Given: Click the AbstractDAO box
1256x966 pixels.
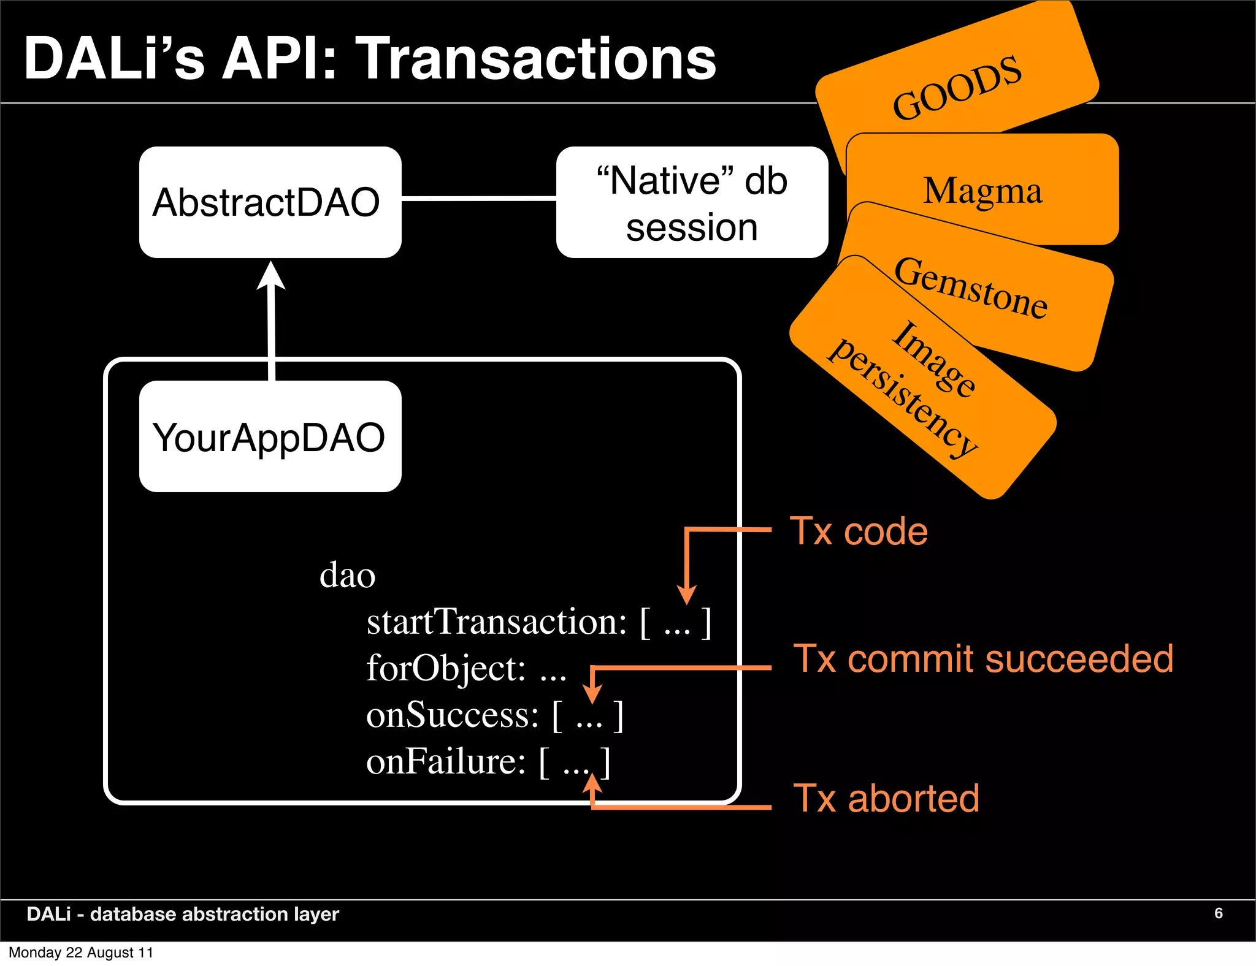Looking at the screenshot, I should (x=270, y=202).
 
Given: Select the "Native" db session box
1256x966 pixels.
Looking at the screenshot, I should (x=692, y=202).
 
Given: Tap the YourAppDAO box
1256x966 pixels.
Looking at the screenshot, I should (x=270, y=436).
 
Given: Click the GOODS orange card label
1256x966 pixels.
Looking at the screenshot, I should (x=957, y=88).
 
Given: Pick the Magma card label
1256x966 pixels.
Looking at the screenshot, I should (x=982, y=191).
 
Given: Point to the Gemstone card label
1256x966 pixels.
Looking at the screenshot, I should (x=971, y=288).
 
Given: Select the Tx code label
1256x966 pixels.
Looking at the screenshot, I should (x=859, y=531).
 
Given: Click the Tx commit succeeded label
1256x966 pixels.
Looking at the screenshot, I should (x=983, y=659).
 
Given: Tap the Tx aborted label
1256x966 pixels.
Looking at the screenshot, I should (x=886, y=799).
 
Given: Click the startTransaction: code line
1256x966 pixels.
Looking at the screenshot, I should (x=538, y=622).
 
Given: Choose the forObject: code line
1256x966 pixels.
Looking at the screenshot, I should (x=466, y=668).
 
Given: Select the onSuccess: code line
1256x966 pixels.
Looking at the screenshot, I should (x=494, y=715).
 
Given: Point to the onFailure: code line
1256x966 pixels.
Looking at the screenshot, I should (x=488, y=762).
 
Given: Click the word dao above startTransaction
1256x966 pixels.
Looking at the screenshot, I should (x=347, y=575).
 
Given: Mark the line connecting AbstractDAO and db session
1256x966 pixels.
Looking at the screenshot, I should (x=478, y=199).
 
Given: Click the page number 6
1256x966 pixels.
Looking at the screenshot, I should (x=1218, y=913).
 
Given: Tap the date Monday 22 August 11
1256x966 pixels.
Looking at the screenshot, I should (x=80, y=953).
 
